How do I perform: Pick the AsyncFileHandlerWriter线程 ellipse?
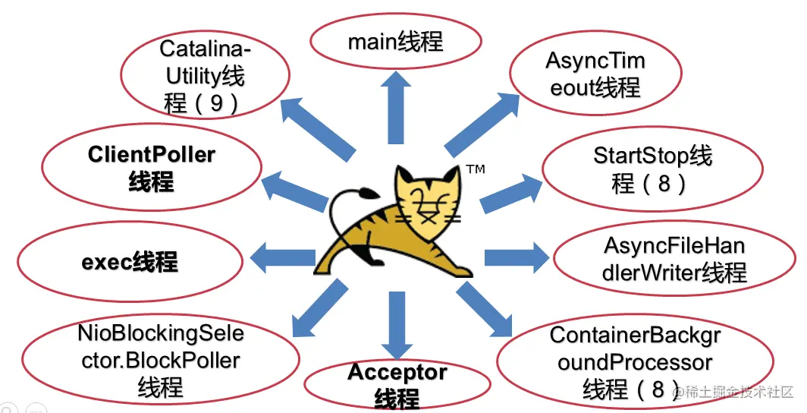point(675,259)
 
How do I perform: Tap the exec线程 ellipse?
point(130,263)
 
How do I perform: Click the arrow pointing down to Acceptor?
point(396,323)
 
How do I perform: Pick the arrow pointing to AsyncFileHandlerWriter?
point(516,257)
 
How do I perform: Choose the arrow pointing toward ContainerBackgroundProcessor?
point(485,311)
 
